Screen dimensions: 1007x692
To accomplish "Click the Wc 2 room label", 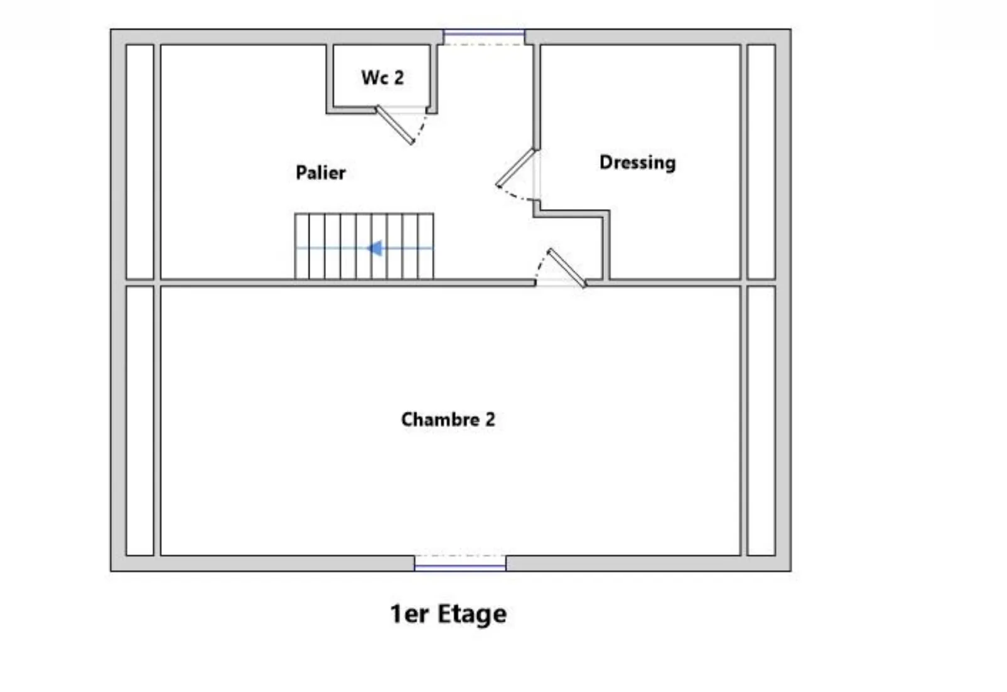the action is [382, 78].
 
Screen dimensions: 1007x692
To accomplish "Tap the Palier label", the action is [321, 173].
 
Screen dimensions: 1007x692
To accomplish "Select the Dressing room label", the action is [637, 163].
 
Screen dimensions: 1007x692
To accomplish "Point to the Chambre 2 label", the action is [448, 419].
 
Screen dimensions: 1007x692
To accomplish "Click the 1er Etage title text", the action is [448, 614].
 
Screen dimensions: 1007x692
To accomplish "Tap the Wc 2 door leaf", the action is [395, 125].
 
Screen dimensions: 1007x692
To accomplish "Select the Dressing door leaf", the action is [515, 168].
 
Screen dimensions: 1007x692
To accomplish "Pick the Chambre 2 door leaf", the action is [567, 268].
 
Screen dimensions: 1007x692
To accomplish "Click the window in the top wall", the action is [483, 34].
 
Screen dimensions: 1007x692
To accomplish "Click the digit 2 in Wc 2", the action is [398, 78].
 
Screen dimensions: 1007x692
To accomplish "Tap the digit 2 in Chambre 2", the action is [490, 419].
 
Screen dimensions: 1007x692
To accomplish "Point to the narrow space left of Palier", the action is [140, 162].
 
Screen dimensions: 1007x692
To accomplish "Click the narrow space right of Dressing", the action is [762, 162].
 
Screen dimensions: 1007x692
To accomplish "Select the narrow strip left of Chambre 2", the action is [140, 421].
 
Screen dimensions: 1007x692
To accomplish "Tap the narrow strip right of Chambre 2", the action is [762, 421].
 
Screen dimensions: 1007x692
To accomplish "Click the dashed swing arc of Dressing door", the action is [515, 196].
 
